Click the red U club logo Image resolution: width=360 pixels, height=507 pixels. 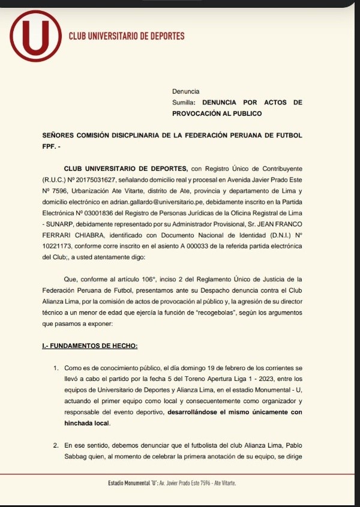36,36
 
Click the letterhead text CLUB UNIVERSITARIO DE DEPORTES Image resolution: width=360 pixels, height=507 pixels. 127,36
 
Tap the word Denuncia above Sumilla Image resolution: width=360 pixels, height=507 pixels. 185,91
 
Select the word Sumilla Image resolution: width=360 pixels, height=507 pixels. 184,103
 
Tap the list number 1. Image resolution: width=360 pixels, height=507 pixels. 55,367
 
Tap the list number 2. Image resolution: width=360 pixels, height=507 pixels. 55,445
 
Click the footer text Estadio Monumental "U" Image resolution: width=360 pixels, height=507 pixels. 131,483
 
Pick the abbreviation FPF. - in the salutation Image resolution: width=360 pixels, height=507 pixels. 51,146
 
